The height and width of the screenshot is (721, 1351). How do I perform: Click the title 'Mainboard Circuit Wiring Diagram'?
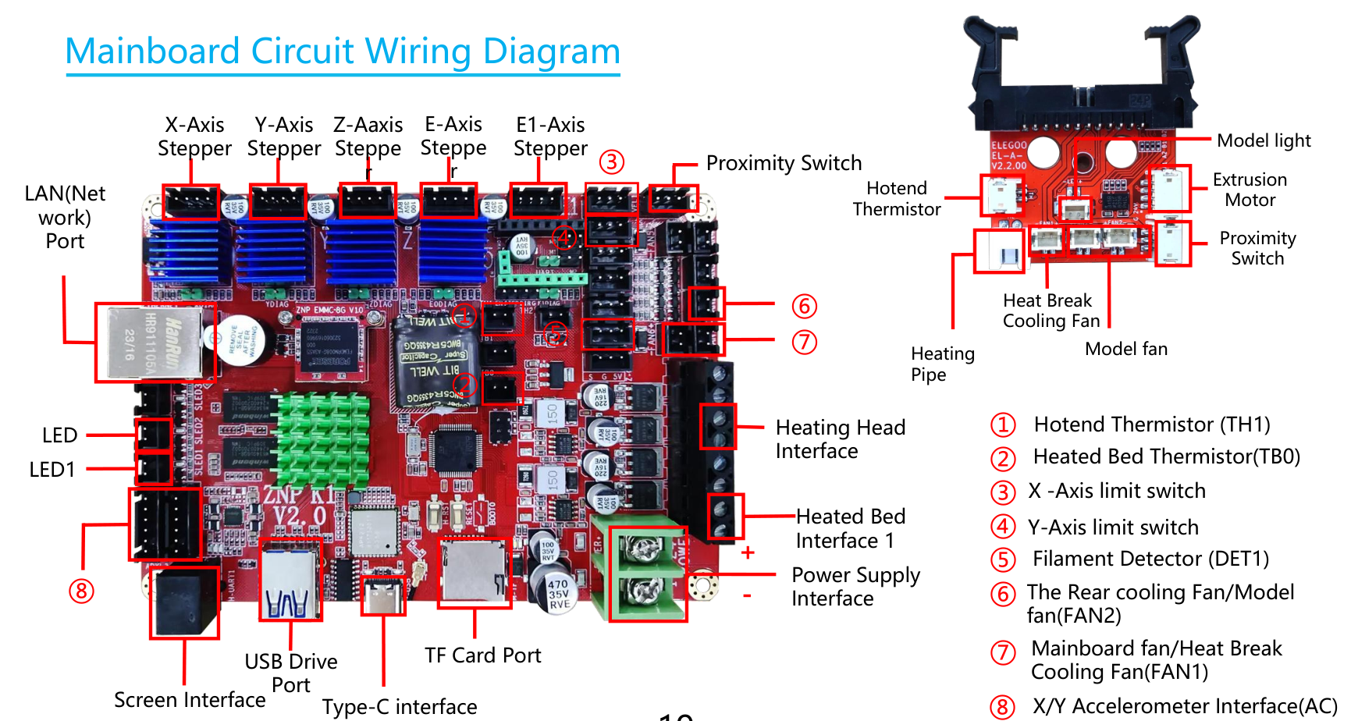343,51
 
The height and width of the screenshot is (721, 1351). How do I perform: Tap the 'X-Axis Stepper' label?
194,137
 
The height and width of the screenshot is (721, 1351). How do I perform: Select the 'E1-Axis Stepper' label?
550,137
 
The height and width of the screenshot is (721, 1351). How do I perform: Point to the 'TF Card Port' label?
482,655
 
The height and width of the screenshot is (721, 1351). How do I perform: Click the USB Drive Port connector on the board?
290,581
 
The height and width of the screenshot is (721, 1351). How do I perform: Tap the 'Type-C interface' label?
400,706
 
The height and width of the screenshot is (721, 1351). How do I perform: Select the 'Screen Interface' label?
190,700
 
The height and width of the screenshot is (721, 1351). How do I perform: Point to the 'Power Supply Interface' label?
855,587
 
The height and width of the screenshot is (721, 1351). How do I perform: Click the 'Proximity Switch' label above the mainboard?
784,163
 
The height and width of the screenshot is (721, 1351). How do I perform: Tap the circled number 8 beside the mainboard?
81,591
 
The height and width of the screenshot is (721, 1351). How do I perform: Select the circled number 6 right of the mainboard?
804,306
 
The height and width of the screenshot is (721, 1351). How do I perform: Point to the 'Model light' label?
1264,140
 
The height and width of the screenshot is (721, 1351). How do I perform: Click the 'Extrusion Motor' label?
1250,190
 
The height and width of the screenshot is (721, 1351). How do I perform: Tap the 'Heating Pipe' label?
942,364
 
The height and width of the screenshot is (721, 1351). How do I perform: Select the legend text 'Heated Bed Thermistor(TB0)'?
1166,456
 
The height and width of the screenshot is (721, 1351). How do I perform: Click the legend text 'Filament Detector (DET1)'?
1150,559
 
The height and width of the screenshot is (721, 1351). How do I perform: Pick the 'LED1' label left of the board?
52,470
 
